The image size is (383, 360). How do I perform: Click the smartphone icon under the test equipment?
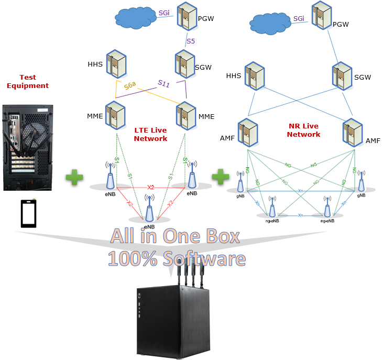tap(28, 213)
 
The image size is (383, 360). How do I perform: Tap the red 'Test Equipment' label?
tap(27, 82)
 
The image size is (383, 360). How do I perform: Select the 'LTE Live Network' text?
tap(150, 134)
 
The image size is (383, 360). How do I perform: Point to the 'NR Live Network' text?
tap(304, 130)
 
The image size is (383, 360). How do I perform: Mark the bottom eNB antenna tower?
tap(150, 209)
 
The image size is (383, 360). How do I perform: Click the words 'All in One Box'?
tap(174, 236)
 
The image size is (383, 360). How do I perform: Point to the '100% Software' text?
tap(177, 258)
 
